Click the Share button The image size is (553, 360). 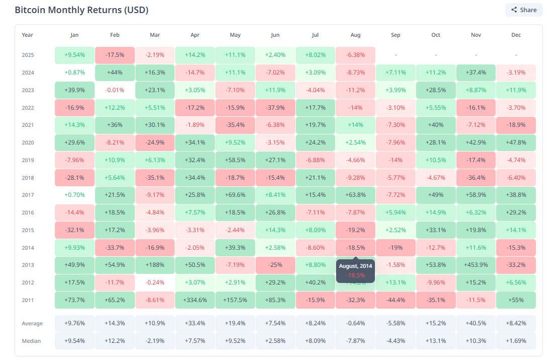click(524, 10)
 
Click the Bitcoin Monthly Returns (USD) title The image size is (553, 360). click(82, 10)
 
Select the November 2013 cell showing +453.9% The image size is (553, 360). click(476, 265)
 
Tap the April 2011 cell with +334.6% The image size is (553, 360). click(195, 300)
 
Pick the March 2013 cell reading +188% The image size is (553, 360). click(155, 265)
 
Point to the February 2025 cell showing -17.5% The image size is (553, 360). click(115, 55)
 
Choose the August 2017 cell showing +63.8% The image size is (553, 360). click(355, 195)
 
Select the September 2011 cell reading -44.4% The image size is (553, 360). click(396, 300)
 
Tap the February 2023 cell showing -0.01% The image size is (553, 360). click(115, 90)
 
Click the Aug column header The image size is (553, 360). click(355, 35)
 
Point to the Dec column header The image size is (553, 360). click(516, 35)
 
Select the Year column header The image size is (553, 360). click(27, 35)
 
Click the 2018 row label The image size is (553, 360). click(28, 178)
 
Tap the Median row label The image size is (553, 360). click(31, 341)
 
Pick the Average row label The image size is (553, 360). click(32, 323)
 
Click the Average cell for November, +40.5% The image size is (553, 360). click(476, 323)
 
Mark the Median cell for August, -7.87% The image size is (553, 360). click(355, 341)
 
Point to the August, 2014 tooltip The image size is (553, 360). click(355, 270)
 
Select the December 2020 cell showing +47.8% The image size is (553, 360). click(516, 142)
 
